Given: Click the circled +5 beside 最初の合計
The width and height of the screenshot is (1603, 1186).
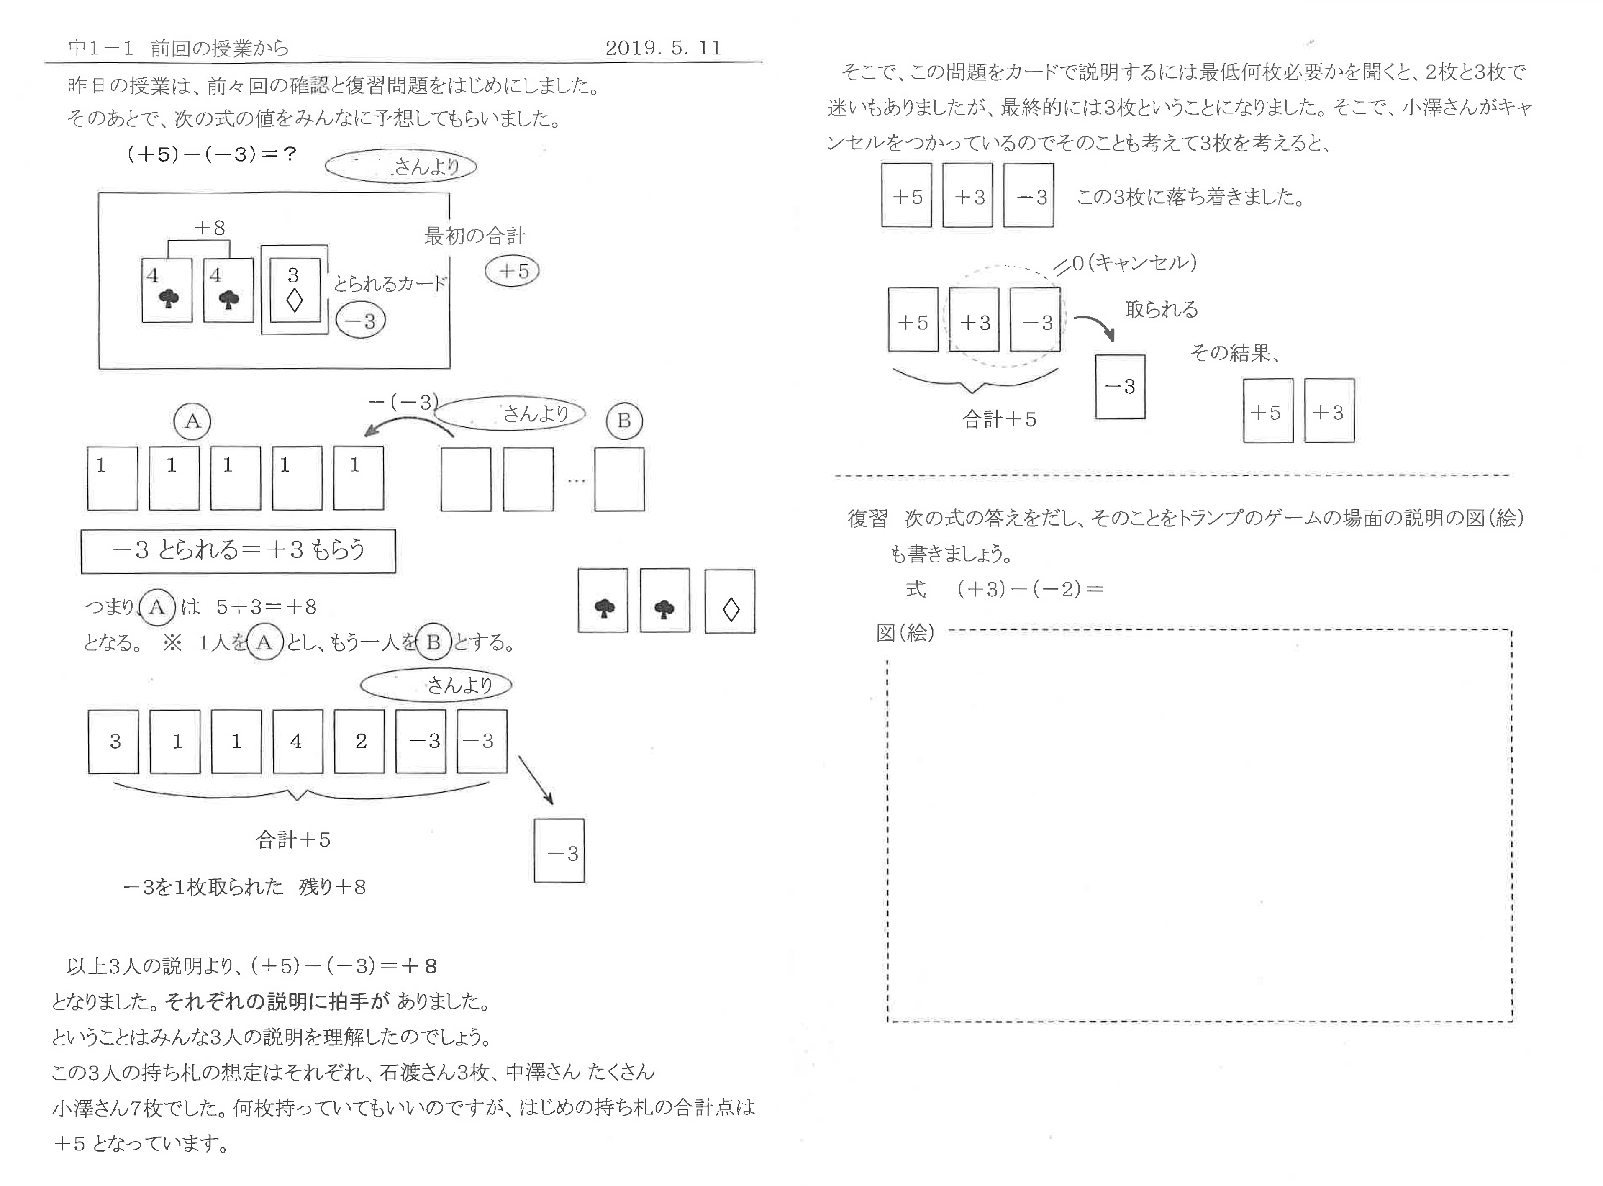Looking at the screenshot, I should pyautogui.click(x=512, y=271).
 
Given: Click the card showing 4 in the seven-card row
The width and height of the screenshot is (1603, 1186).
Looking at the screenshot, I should pyautogui.click(x=297, y=741).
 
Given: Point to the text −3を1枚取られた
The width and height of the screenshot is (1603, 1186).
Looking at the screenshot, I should pyautogui.click(x=203, y=887).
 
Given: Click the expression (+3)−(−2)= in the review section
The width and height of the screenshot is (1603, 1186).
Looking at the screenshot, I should pyautogui.click(x=1028, y=589).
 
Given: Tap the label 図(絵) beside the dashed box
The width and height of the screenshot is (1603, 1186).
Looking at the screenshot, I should pyautogui.click(x=905, y=632).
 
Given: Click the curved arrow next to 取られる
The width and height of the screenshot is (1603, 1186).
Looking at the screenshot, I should pyautogui.click(x=1095, y=324).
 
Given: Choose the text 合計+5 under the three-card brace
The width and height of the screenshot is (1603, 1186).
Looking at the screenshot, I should pyautogui.click(x=998, y=419).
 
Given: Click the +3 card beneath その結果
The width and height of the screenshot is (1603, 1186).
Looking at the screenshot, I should pyautogui.click(x=1329, y=411).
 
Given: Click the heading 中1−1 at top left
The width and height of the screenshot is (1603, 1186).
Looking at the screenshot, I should pyautogui.click(x=100, y=48).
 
